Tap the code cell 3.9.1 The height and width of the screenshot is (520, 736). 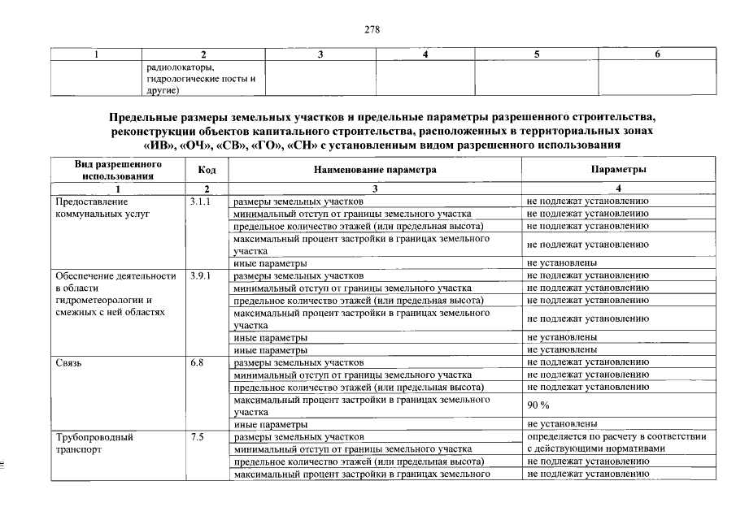tap(200, 276)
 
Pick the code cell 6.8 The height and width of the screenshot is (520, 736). tap(196, 362)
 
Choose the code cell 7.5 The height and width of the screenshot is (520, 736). tap(196, 437)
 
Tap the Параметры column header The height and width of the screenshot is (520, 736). tap(619, 170)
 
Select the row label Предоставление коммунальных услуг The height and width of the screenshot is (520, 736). tap(92, 206)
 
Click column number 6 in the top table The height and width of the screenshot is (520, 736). tap(657, 54)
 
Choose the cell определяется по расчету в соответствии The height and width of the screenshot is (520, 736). tap(616, 437)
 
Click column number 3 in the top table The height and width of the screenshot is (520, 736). tap(320, 54)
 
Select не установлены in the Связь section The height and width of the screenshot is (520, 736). tap(563, 423)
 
